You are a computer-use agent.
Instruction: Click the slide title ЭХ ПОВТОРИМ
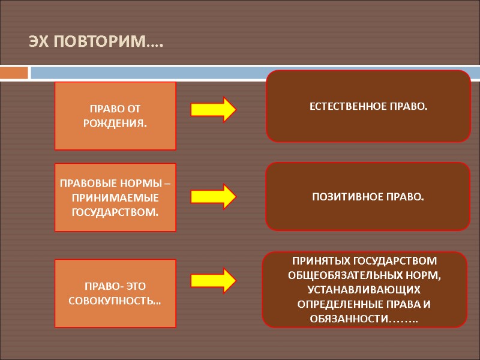click(x=96, y=43)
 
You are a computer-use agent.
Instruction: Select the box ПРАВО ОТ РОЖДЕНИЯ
click(x=115, y=116)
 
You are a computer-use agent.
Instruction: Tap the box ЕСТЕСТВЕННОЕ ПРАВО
click(x=368, y=106)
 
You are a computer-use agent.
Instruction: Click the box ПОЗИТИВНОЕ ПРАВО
click(x=367, y=196)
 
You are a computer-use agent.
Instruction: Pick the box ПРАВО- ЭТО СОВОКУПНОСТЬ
click(x=115, y=293)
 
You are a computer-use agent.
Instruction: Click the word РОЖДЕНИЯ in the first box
click(x=116, y=124)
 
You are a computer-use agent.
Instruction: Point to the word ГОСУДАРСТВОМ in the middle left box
click(x=115, y=212)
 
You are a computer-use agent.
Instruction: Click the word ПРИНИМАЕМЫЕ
click(x=115, y=197)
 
